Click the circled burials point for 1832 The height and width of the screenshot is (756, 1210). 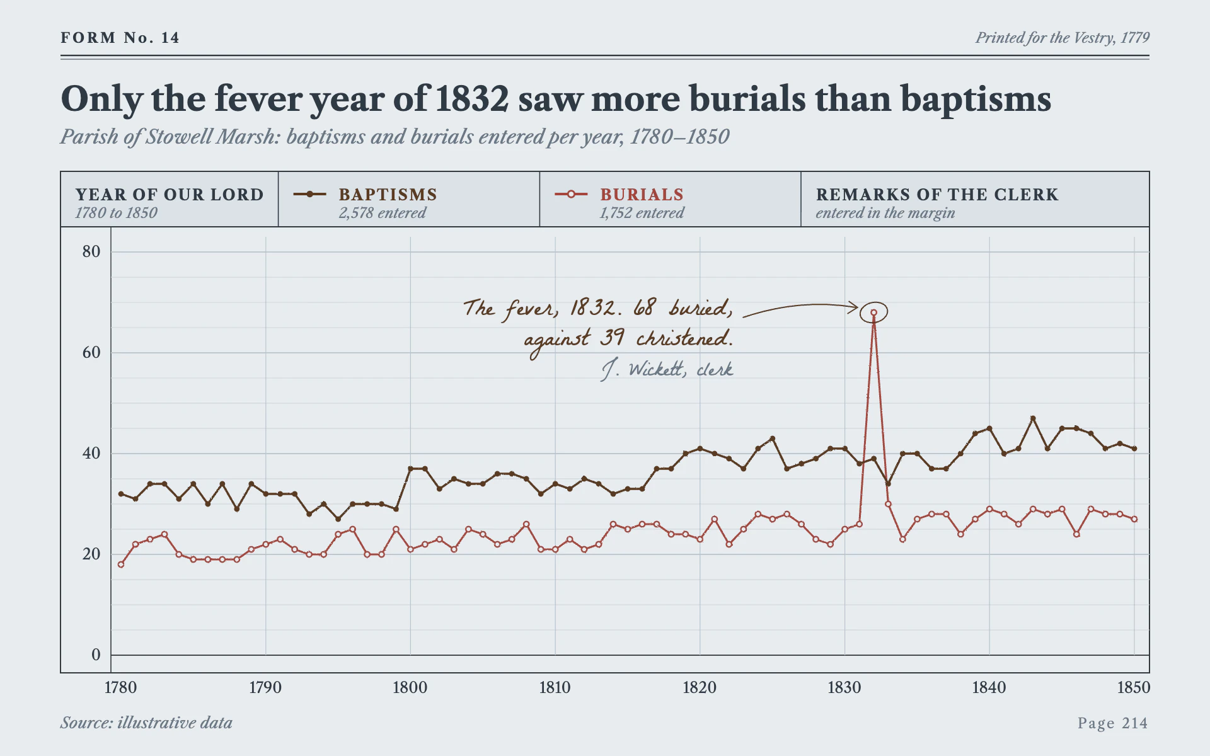(873, 312)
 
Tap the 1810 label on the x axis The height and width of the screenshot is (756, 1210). (555, 687)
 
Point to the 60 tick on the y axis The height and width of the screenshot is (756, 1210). (91, 353)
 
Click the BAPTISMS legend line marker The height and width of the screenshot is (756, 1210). (309, 194)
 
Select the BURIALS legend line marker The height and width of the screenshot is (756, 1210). (571, 194)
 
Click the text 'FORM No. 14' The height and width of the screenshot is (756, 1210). (120, 38)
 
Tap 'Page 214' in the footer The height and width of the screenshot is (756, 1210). (1113, 723)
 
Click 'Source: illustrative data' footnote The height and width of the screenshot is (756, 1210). (146, 723)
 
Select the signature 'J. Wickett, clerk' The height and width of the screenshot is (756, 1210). (667, 369)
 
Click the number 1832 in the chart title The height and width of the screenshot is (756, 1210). (471, 99)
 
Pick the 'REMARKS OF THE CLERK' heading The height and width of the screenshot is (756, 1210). (937, 195)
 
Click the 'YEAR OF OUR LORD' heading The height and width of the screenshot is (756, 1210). (170, 195)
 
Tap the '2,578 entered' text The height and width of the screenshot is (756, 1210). (383, 213)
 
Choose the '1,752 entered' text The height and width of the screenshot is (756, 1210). (642, 213)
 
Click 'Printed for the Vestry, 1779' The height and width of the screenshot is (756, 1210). (1063, 38)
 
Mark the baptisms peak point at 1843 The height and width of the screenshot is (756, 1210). (1033, 418)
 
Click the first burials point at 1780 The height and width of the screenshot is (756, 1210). (121, 564)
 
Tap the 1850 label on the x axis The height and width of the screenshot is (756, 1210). (1134, 687)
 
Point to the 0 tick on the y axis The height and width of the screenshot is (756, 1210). (96, 655)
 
